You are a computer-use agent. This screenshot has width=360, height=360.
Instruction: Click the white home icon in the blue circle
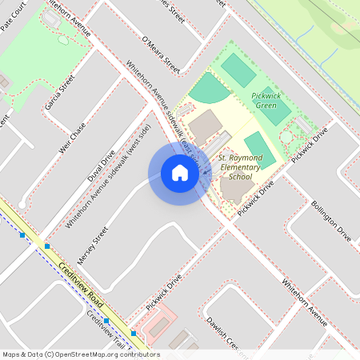coord(180,173)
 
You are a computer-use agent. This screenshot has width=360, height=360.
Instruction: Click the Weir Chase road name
coord(72,139)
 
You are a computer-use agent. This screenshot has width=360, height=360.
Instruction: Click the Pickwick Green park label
coord(265,99)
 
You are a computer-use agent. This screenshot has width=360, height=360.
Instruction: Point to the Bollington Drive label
coord(331,222)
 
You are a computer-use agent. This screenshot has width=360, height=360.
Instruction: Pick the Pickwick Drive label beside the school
coord(256,194)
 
